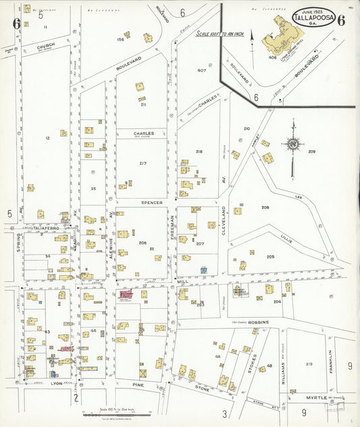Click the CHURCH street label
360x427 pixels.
click(x=46, y=46)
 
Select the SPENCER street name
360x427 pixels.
click(x=152, y=202)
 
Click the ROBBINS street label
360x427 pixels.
click(x=259, y=323)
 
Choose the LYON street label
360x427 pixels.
click(x=57, y=383)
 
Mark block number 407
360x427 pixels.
click(x=201, y=70)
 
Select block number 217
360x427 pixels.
click(x=143, y=164)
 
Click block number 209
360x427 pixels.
click(x=311, y=151)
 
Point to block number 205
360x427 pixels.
click(x=270, y=257)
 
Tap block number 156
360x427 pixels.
click(x=121, y=39)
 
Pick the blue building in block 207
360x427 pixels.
click(x=203, y=270)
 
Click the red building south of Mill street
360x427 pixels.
click(x=126, y=295)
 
